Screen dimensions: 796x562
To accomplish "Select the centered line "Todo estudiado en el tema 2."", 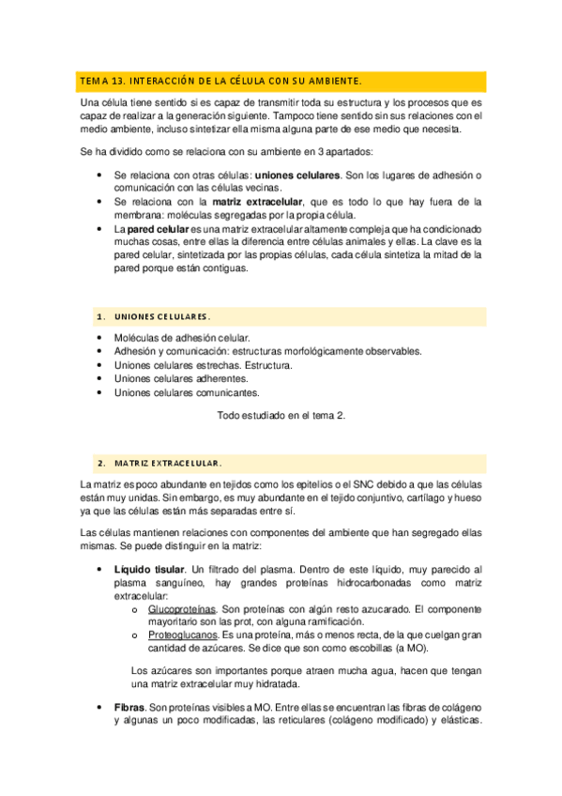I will click(x=281, y=416).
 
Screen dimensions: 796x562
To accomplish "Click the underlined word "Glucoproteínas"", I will click(x=182, y=608).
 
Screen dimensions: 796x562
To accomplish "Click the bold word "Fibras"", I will click(x=129, y=707).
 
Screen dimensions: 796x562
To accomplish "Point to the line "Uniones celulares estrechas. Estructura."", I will click(x=203, y=365).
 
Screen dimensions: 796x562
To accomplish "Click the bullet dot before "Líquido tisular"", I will click(x=100, y=569).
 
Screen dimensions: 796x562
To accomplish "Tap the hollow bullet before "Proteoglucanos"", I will click(x=136, y=635).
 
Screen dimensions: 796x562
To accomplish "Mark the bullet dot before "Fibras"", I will click(x=100, y=707).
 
